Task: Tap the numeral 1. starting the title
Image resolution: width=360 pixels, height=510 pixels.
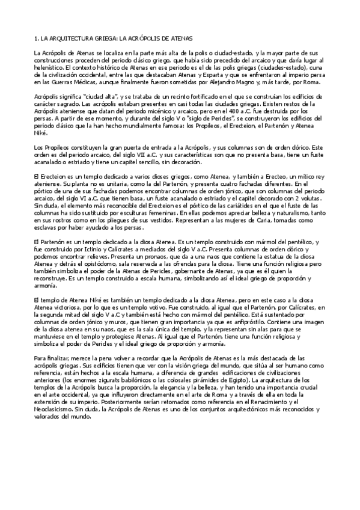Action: pyautogui.click(x=36, y=38)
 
